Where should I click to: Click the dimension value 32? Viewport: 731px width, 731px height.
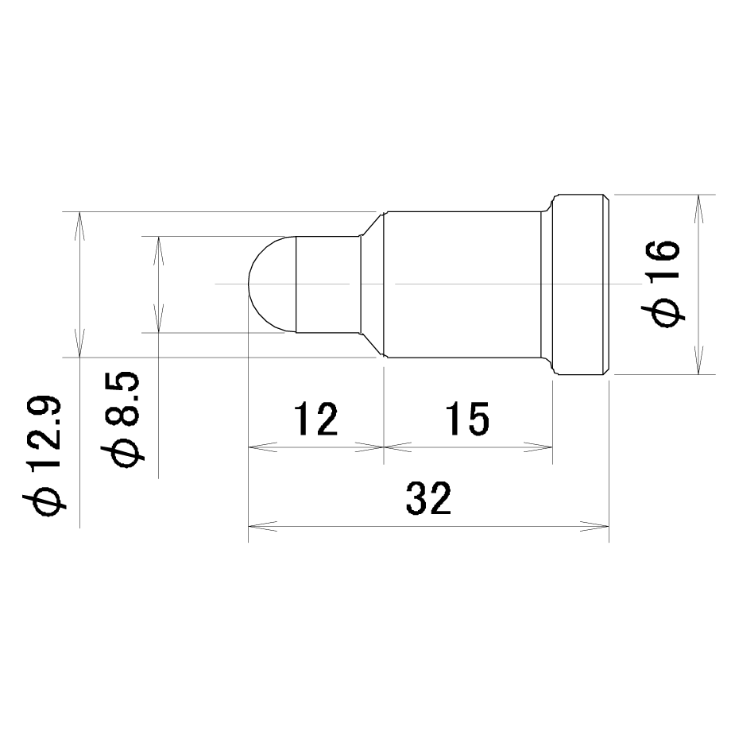[428, 498]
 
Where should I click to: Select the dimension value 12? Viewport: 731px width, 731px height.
[315, 419]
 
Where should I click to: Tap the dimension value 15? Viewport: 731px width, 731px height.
[467, 419]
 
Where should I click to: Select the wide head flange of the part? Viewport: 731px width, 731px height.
[581, 284]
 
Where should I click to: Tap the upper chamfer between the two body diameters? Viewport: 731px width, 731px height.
[372, 224]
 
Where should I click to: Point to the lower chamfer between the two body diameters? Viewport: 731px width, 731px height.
[372, 345]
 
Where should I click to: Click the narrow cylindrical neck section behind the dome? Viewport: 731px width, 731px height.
[328, 284]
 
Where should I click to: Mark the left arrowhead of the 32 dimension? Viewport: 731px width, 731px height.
[262, 526]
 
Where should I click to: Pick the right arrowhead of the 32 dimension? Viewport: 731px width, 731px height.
[595, 526]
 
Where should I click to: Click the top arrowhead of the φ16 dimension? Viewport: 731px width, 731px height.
[698, 209]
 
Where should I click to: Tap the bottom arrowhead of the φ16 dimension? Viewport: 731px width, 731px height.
[698, 360]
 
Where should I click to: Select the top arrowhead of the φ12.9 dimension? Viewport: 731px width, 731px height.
[79, 226]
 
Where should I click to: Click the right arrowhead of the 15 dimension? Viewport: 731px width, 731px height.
[539, 447]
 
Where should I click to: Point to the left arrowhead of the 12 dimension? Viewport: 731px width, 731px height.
[262, 447]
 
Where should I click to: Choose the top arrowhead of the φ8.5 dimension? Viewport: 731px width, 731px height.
[159, 251]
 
